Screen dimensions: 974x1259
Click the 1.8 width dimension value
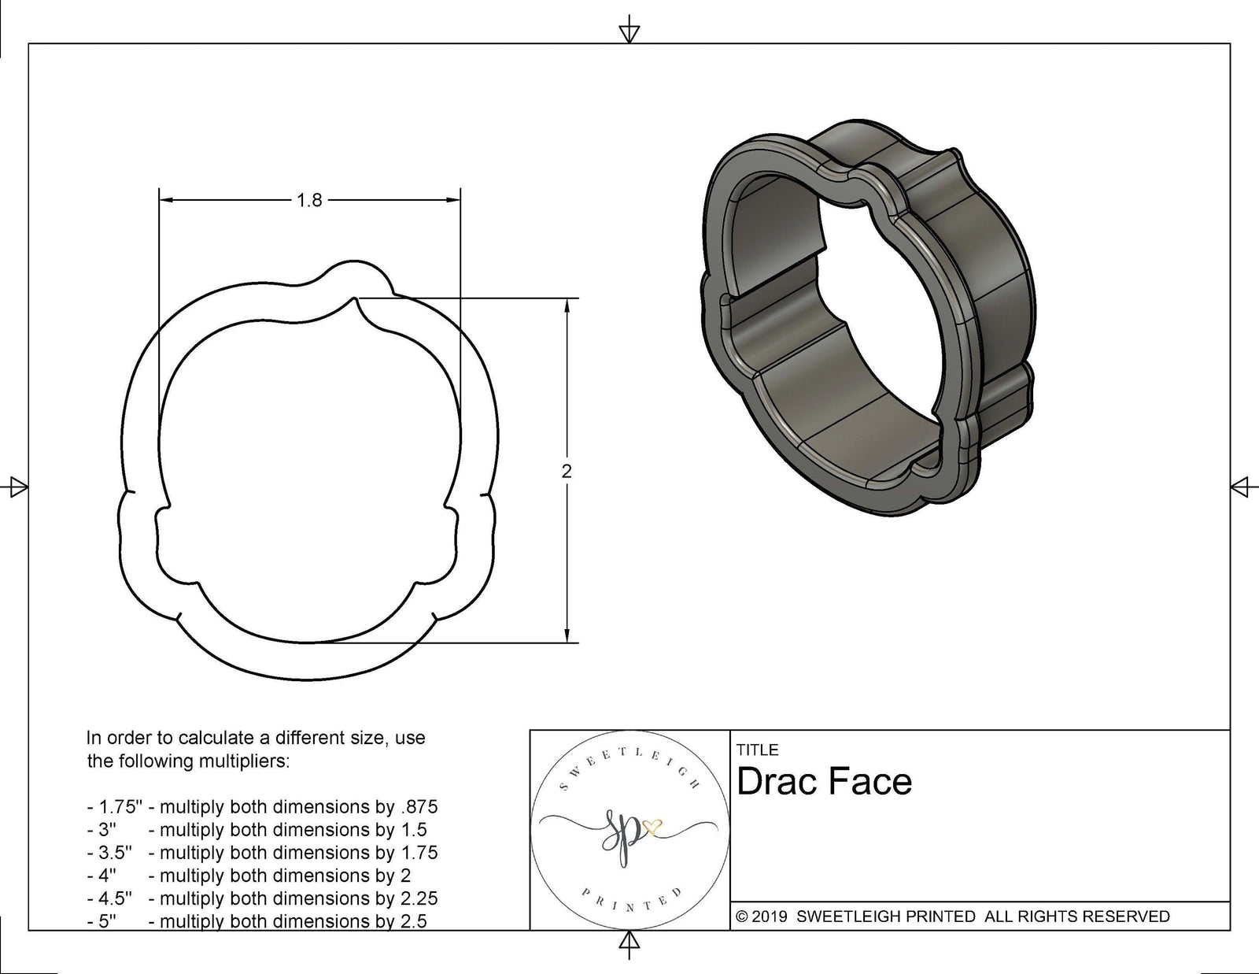coord(309,201)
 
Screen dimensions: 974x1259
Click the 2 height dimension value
coord(567,472)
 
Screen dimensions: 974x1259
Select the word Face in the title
coord(875,782)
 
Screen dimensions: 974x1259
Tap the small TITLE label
coord(758,750)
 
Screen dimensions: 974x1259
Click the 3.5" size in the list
coord(115,853)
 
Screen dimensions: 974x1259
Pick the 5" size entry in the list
coord(107,921)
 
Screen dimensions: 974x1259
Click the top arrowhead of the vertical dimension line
coord(567,306)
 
